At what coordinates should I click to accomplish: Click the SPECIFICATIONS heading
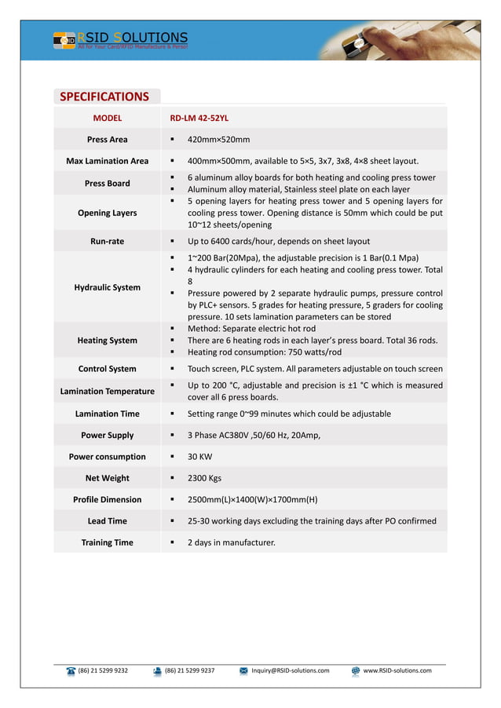pyautogui.click(x=104, y=97)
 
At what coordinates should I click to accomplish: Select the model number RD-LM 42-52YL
pyautogui.click(x=199, y=118)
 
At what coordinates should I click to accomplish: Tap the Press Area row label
pyautogui.click(x=107, y=140)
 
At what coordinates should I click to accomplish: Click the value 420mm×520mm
pyautogui.click(x=218, y=140)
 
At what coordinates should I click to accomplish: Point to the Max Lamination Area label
pyautogui.click(x=107, y=161)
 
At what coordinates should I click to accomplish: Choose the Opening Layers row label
pyautogui.click(x=107, y=213)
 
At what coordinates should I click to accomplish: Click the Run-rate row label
pyautogui.click(x=107, y=242)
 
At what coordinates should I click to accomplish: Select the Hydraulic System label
pyautogui.click(x=107, y=287)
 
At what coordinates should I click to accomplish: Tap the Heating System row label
pyautogui.click(x=107, y=341)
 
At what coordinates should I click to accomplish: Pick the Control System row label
pyautogui.click(x=107, y=369)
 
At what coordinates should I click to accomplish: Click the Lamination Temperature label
pyautogui.click(x=107, y=391)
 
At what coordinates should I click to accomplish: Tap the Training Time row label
pyautogui.click(x=107, y=542)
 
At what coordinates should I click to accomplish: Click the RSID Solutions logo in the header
pyautogui.click(x=121, y=39)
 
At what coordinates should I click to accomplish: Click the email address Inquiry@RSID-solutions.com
pyautogui.click(x=290, y=670)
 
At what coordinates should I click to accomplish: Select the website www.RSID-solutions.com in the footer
pyautogui.click(x=397, y=670)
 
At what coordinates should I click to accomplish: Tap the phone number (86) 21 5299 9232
pyautogui.click(x=103, y=670)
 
